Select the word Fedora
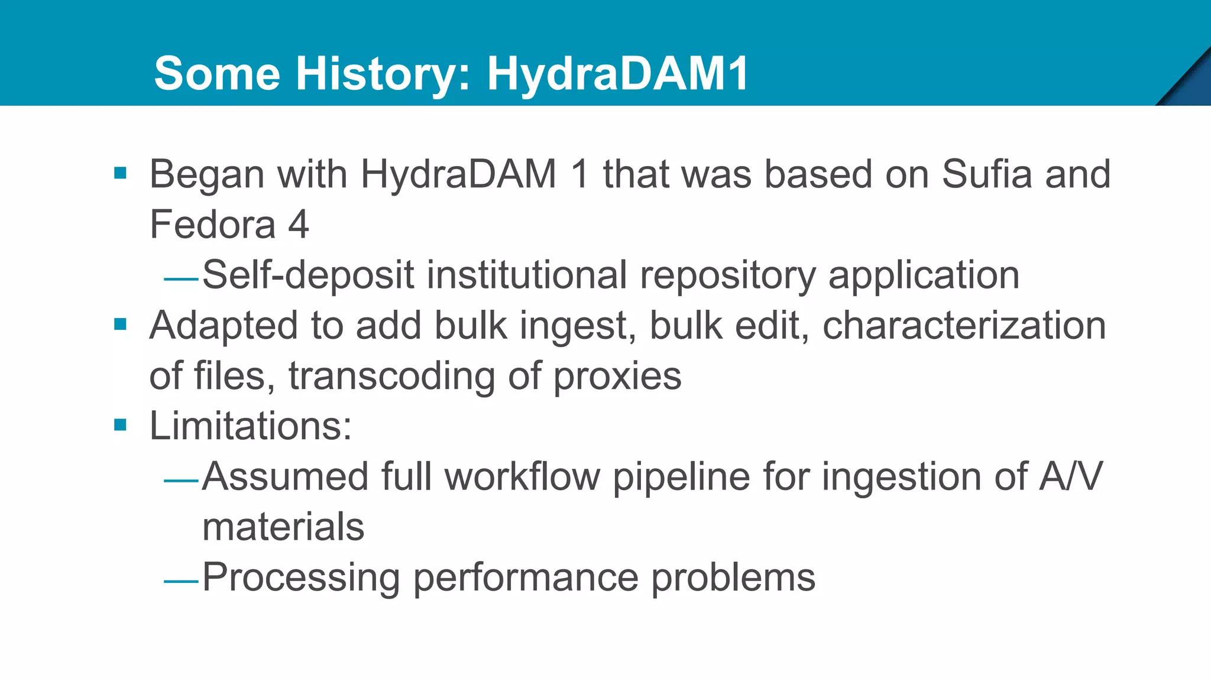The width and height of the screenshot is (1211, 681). pos(212,225)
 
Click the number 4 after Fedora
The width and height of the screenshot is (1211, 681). pos(299,225)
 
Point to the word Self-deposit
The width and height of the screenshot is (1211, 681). pos(307,275)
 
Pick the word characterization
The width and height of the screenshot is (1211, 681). pos(964,326)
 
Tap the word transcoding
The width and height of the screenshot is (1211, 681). pos(391,377)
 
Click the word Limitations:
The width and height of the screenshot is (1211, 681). pos(250,426)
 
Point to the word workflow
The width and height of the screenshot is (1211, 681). pos(522,476)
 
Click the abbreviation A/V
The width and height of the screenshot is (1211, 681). pos(1071,476)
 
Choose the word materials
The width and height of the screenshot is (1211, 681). pos(283,527)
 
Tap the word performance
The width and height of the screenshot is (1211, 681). pos(526,578)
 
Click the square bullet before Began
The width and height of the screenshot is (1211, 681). pos(121,173)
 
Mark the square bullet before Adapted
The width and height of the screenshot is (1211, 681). pos(121,325)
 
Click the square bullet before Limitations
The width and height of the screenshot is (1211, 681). pos(121,425)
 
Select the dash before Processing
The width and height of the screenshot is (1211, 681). pos(181,582)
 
